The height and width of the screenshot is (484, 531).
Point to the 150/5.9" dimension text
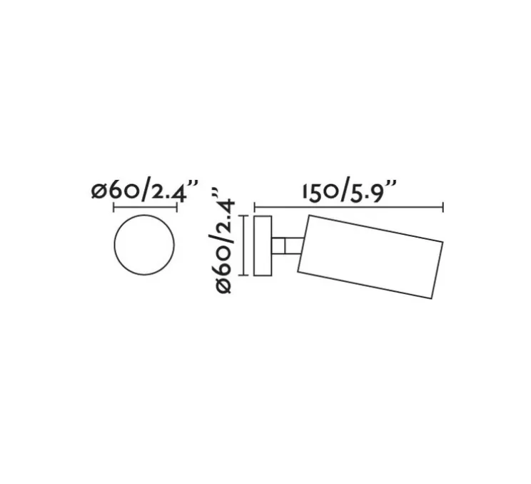pos(349,191)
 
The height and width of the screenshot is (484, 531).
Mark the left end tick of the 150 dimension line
pos(255,208)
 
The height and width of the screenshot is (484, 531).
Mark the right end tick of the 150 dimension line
pos(444,208)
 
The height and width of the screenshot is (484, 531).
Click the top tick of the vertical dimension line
pos(246,216)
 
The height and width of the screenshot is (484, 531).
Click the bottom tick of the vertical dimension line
pos(246,275)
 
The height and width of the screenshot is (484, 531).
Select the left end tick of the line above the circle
pos(114,208)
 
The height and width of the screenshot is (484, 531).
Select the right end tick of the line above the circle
pos(176,208)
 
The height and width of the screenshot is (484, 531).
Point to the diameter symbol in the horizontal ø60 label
pos(98,192)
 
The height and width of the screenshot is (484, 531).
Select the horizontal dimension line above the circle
pos(145,208)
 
